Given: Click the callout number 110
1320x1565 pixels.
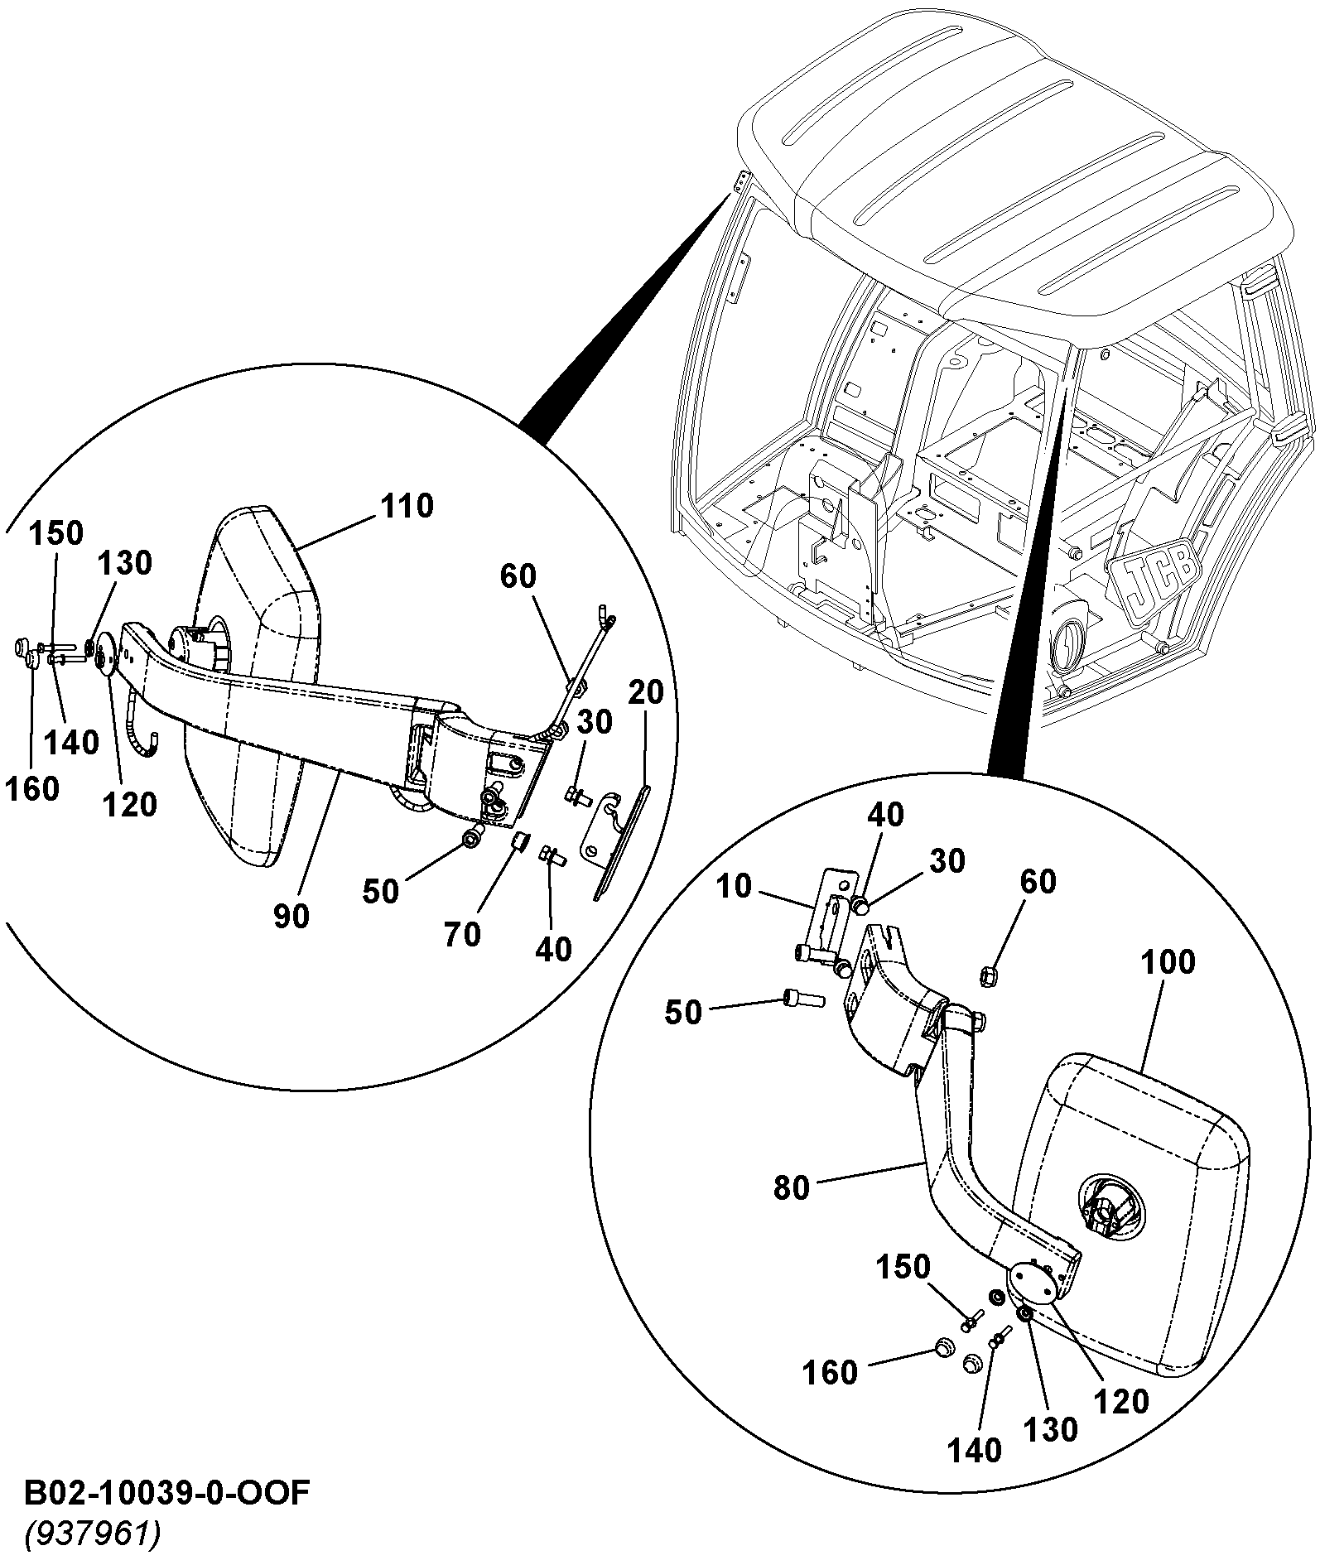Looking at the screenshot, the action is coord(407,506).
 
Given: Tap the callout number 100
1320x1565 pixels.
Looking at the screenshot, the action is coord(1168,962).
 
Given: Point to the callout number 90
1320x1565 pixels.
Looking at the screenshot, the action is coord(291,916).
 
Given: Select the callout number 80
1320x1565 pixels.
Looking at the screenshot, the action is coord(791,1187).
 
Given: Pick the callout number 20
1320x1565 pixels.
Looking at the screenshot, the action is coord(646,693).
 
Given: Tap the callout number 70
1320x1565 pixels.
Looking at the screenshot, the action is coord(462,934).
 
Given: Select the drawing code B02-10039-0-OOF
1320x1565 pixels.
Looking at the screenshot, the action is coord(167,1493).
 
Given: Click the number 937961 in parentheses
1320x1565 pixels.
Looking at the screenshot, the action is coord(92,1534).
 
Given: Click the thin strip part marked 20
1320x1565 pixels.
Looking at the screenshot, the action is coord(621,840).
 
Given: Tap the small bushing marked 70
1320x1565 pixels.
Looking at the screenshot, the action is coord(520,842).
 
